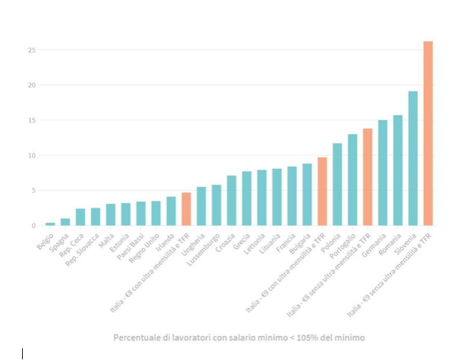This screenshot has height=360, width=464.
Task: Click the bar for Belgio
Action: click(x=50, y=224)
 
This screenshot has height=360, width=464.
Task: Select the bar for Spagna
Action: click(x=65, y=222)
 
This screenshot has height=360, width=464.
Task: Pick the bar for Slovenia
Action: click(x=413, y=159)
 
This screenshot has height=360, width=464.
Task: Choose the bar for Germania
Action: click(x=383, y=173)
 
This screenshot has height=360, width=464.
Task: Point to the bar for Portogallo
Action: click(x=352, y=180)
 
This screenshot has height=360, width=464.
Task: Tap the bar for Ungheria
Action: click(x=201, y=206)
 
